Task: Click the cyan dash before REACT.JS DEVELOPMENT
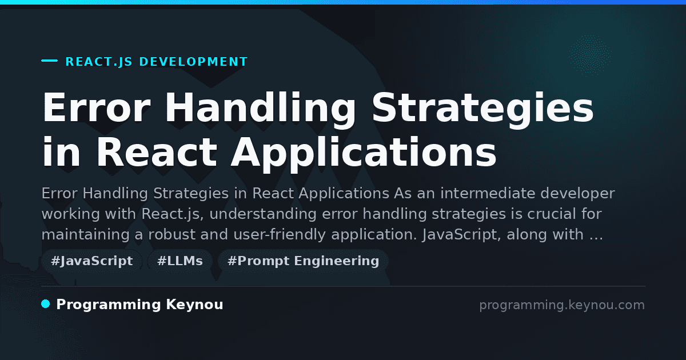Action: (x=49, y=61)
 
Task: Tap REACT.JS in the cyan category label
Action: (x=99, y=62)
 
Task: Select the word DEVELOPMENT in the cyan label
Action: (x=193, y=62)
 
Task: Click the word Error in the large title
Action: (x=97, y=107)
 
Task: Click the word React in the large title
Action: (x=157, y=152)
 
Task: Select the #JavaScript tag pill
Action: (x=92, y=261)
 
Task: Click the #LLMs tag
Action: (x=180, y=261)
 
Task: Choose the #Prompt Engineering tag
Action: (x=303, y=261)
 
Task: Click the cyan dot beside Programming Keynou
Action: (x=46, y=304)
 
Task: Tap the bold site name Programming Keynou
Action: (x=139, y=305)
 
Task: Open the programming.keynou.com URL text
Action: (x=562, y=305)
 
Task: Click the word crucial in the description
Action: (x=552, y=214)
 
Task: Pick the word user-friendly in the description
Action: (x=280, y=235)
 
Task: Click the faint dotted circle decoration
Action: (x=589, y=55)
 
